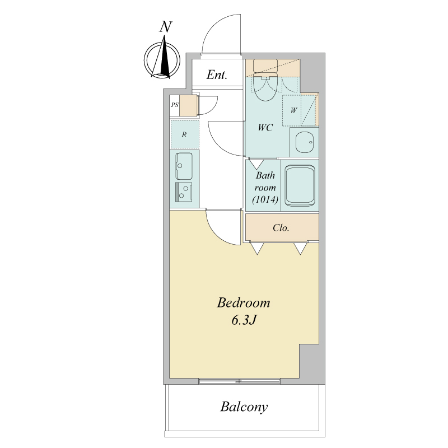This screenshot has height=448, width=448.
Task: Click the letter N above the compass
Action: click(166, 26)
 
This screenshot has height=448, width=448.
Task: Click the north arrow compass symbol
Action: click(162, 59)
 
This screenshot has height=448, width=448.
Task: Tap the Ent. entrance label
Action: click(217, 75)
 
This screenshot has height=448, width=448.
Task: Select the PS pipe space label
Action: click(175, 105)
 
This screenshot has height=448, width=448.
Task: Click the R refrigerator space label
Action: click(184, 134)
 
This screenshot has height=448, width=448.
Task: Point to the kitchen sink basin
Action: click(184, 166)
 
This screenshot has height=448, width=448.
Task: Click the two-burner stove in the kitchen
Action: click(184, 192)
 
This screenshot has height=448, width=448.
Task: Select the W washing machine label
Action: click(293, 110)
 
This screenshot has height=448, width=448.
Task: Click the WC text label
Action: click(265, 128)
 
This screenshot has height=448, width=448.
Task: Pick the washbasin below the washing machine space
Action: click(304, 142)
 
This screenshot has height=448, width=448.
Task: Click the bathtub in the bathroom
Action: click(300, 186)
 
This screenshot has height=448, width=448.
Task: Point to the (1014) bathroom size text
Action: click(265, 199)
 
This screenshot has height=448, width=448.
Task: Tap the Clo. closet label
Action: click(281, 228)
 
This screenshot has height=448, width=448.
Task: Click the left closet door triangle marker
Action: click(258, 249)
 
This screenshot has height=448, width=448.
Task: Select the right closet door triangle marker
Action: click(301, 249)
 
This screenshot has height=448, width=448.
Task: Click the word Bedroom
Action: click(244, 303)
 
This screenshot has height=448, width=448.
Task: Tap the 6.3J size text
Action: click(243, 320)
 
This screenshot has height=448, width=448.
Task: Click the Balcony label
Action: click(244, 407)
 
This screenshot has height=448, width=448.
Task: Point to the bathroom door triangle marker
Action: click(256, 164)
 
